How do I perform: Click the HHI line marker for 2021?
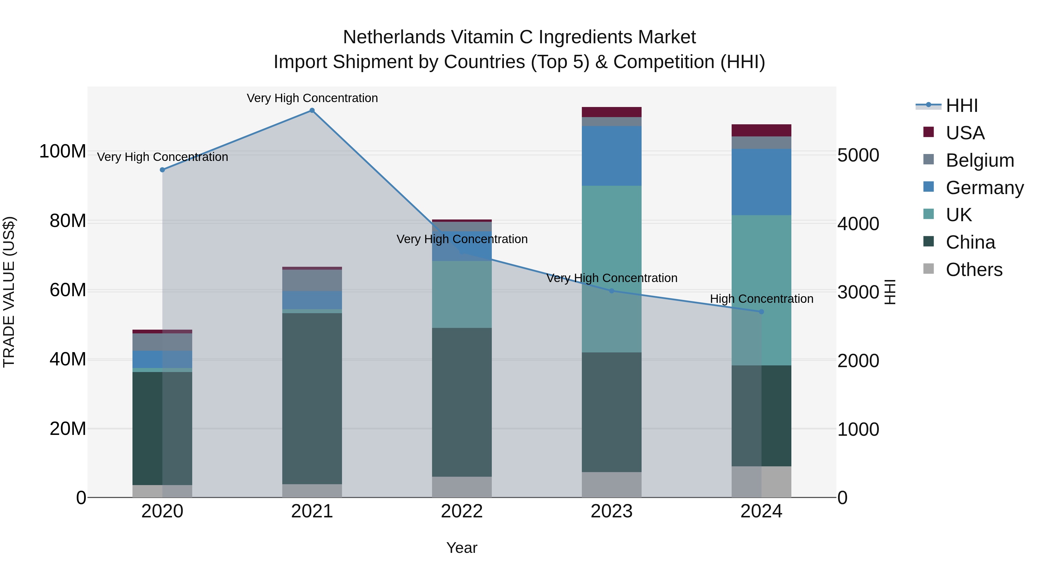(312, 110)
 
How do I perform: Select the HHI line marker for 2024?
(761, 311)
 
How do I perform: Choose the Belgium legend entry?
(979, 160)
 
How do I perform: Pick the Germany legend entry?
(984, 188)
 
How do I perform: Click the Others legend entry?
(974, 270)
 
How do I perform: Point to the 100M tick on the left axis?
(63, 152)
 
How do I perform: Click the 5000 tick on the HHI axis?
(858, 155)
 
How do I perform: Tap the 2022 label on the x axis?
(461, 511)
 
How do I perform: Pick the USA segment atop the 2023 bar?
(612, 112)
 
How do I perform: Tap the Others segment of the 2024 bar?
(761, 482)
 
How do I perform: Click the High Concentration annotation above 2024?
(761, 299)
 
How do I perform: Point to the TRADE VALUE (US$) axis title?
(9, 292)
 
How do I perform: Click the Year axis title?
(461, 548)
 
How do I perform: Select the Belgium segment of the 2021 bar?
(312, 281)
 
